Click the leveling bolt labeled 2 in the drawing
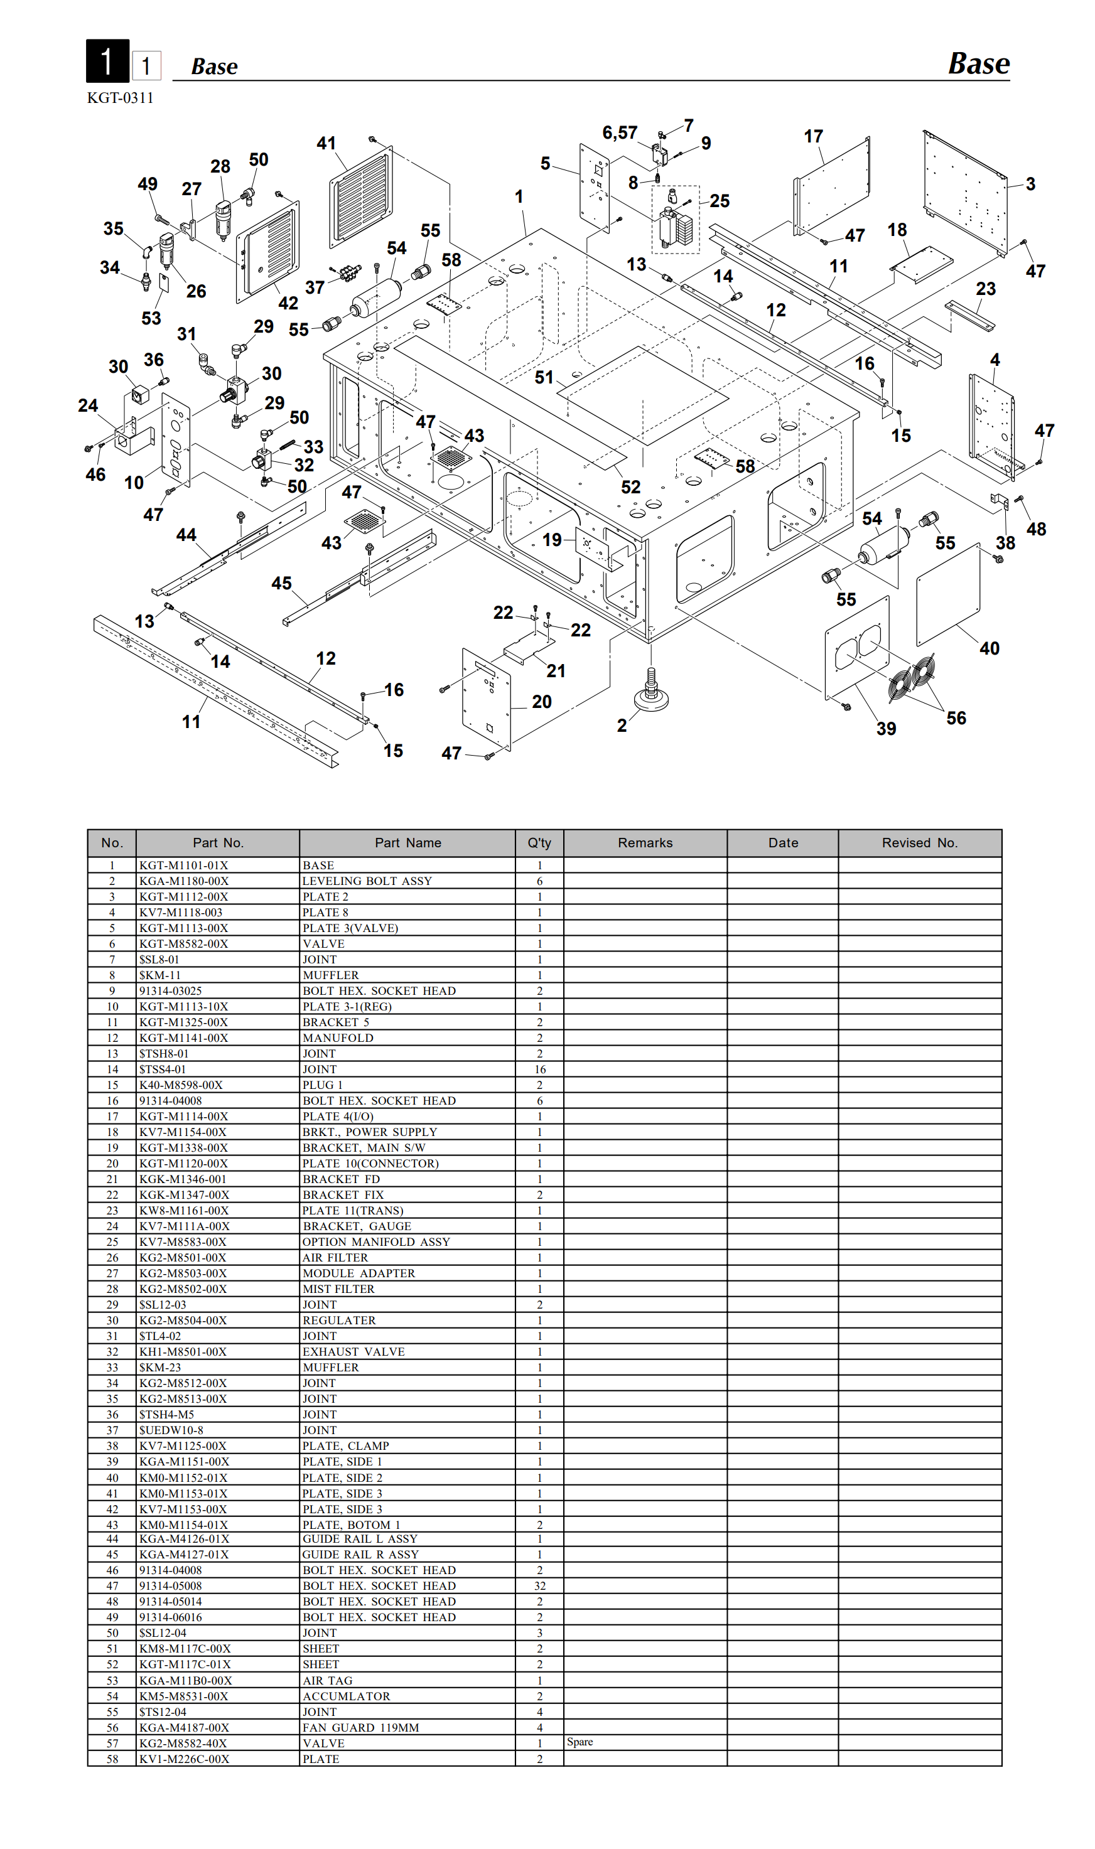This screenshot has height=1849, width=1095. pyautogui.click(x=651, y=692)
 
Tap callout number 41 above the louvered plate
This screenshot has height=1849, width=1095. pyautogui.click(x=326, y=143)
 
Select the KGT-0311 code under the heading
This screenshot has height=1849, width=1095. pyautogui.click(x=121, y=98)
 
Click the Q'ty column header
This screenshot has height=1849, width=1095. pyautogui.click(x=539, y=843)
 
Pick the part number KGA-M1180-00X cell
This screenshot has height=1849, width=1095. pyautogui.click(x=184, y=881)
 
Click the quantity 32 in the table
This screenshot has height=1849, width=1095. pyautogui.click(x=540, y=1585)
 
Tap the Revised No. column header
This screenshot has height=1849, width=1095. pyautogui.click(x=919, y=843)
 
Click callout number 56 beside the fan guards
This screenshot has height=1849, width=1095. pyautogui.click(x=956, y=719)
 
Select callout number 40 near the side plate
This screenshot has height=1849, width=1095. pyautogui.click(x=990, y=648)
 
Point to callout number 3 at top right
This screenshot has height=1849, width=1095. pyautogui.click(x=1031, y=185)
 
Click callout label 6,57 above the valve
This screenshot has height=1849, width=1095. pyautogui.click(x=620, y=133)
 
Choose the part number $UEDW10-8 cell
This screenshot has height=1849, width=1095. pyautogui.click(x=171, y=1430)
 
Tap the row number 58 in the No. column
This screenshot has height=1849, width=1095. pyautogui.click(x=112, y=1759)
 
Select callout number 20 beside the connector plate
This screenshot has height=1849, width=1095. pyautogui.click(x=542, y=702)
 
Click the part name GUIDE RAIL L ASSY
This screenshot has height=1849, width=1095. pyautogui.click(x=360, y=1539)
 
